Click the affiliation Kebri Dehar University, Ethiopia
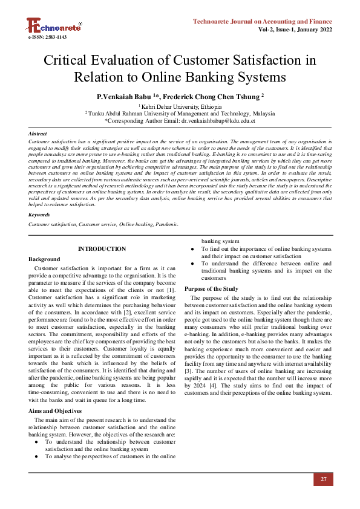pyautogui.click(x=180, y=106)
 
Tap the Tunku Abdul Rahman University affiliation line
pyautogui.click(x=180, y=113)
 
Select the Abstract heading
pyautogui.click(x=38, y=133)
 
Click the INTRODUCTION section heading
pyautogui.click(x=102, y=249)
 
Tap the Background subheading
pyautogui.click(x=44, y=259)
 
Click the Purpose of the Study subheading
pyautogui.click(x=211, y=289)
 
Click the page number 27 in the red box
pyautogui.click(x=324, y=479)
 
